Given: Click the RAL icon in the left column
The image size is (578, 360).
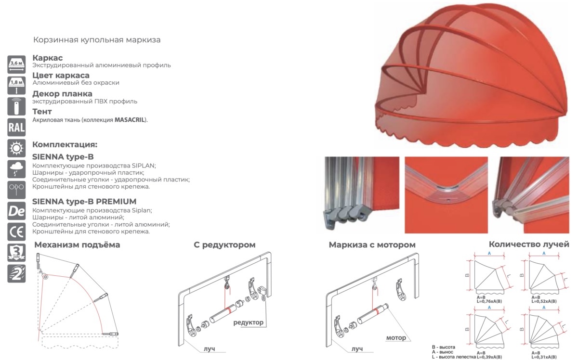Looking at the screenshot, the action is [x=16, y=127].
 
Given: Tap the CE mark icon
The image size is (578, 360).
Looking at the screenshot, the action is [x=16, y=232].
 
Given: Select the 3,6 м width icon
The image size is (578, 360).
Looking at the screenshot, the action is [x=16, y=64].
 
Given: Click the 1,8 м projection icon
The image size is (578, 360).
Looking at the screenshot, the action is [x=16, y=85].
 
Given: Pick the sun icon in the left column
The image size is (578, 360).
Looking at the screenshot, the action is [x=16, y=148].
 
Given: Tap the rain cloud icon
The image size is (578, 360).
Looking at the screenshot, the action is [x=16, y=169].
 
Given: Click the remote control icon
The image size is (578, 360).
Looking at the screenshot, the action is [x=16, y=106].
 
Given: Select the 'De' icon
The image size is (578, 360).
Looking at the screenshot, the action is [x=16, y=211].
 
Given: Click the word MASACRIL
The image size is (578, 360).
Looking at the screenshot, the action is [x=129, y=120].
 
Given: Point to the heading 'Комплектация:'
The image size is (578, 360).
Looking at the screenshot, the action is [x=65, y=145].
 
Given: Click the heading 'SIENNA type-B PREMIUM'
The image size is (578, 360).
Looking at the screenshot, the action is [x=84, y=201].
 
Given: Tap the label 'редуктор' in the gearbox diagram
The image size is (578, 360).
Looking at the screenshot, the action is [x=248, y=322].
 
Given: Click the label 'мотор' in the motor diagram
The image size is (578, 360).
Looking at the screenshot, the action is [x=396, y=337].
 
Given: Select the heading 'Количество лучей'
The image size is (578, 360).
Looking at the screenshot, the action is [x=529, y=244].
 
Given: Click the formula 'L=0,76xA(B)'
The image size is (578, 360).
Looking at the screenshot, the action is [x=489, y=301].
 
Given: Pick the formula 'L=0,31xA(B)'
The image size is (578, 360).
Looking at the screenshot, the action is [x=544, y=357].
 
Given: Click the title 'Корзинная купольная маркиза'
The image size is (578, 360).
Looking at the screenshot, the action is [x=97, y=40].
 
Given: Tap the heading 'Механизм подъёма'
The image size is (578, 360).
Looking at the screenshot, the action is [x=77, y=244].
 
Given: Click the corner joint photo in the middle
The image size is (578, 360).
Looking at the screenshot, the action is [x=446, y=195].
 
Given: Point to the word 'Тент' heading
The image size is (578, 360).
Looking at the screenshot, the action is [x=42, y=112].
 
